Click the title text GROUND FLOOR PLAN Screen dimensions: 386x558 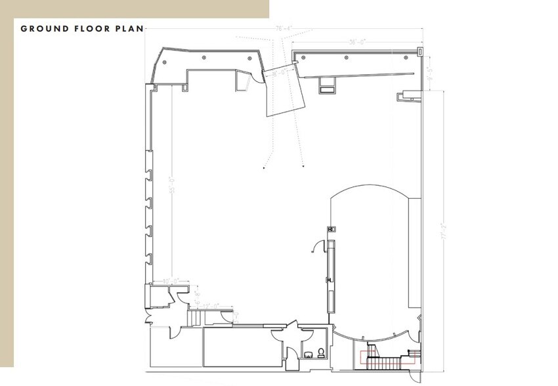(x=81, y=28)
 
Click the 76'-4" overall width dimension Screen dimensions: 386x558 (x=284, y=28)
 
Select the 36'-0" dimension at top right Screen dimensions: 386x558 (x=357, y=43)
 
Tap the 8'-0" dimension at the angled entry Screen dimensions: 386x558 (x=278, y=73)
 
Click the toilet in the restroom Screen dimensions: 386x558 (x=320, y=353)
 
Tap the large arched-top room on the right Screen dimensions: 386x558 (x=371, y=263)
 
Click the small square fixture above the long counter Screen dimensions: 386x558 (x=332, y=229)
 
